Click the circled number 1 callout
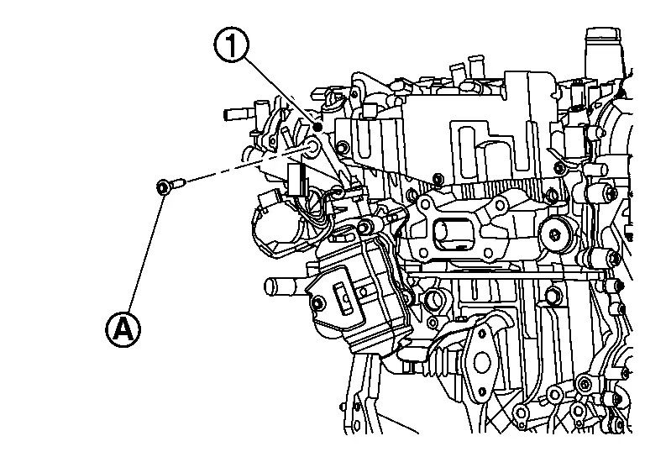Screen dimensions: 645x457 point(231,46)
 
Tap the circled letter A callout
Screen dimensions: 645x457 point(123,329)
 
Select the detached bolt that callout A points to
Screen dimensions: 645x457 point(170,185)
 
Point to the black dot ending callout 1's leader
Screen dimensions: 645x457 point(317,128)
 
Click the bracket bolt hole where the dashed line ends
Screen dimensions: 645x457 point(313,147)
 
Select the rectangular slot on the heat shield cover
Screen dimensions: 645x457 point(343,297)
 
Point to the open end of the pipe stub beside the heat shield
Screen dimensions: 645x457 point(270,286)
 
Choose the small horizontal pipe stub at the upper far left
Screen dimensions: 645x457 point(237,114)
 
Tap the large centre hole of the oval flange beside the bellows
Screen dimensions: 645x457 point(482,361)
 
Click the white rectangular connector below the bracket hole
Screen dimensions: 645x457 point(296,179)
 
